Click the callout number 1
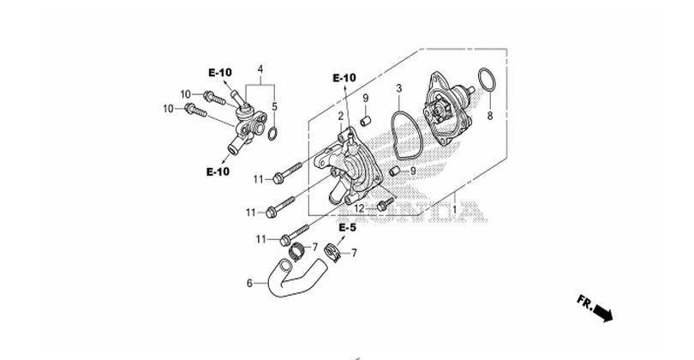click(455, 208)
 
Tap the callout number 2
click(341, 117)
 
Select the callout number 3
click(398, 88)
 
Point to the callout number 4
click(260, 69)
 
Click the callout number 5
click(274, 107)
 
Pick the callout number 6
click(249, 283)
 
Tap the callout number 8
click(490, 116)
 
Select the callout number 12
click(359, 208)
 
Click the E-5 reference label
click(348, 228)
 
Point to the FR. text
click(584, 302)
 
